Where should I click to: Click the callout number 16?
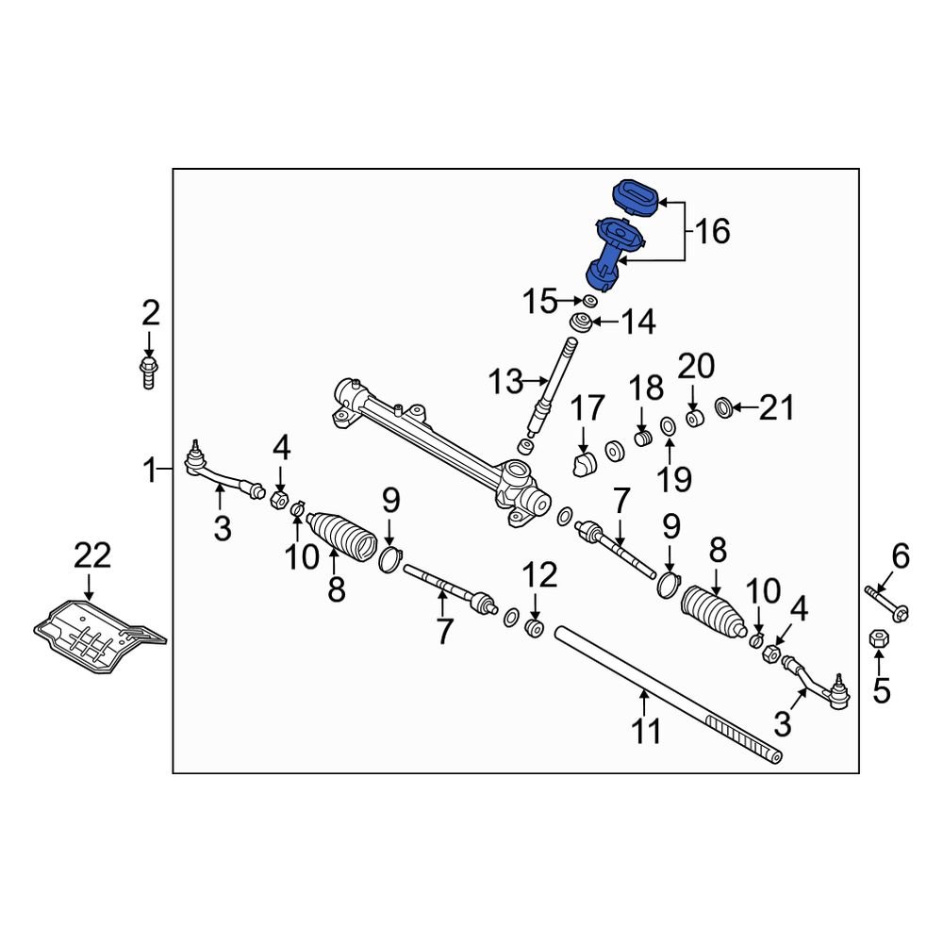(x=713, y=230)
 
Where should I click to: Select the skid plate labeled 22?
(x=94, y=635)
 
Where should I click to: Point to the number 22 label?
(x=93, y=555)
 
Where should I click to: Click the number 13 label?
(x=506, y=382)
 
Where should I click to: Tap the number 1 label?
(x=150, y=468)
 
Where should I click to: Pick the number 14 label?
(x=637, y=322)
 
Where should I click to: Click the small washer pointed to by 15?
(x=588, y=301)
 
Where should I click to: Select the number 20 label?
(x=697, y=367)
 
